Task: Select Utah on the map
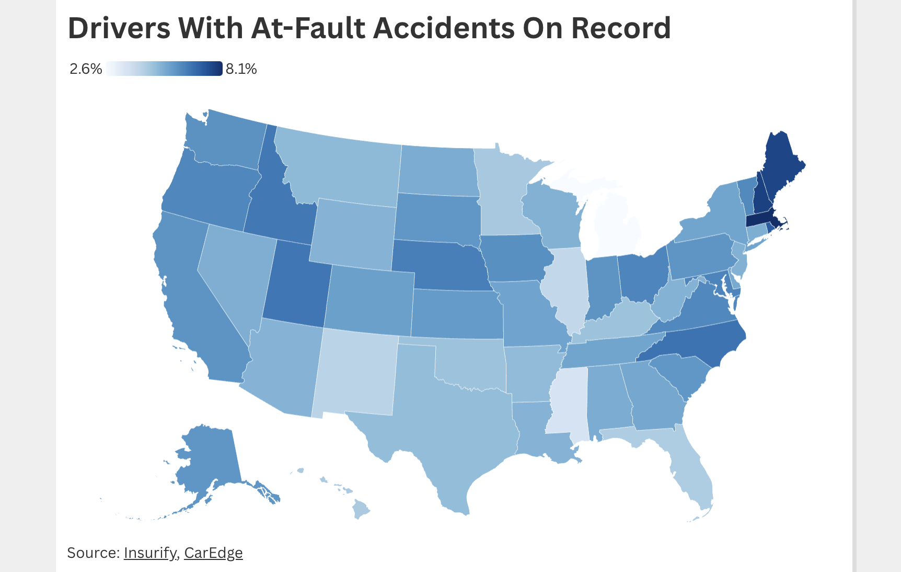(295, 285)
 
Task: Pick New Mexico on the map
(355, 372)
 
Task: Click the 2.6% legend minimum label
(86, 69)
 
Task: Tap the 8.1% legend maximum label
(241, 69)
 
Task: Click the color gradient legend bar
(164, 69)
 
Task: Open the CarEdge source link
(213, 553)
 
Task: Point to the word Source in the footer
(93, 553)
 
